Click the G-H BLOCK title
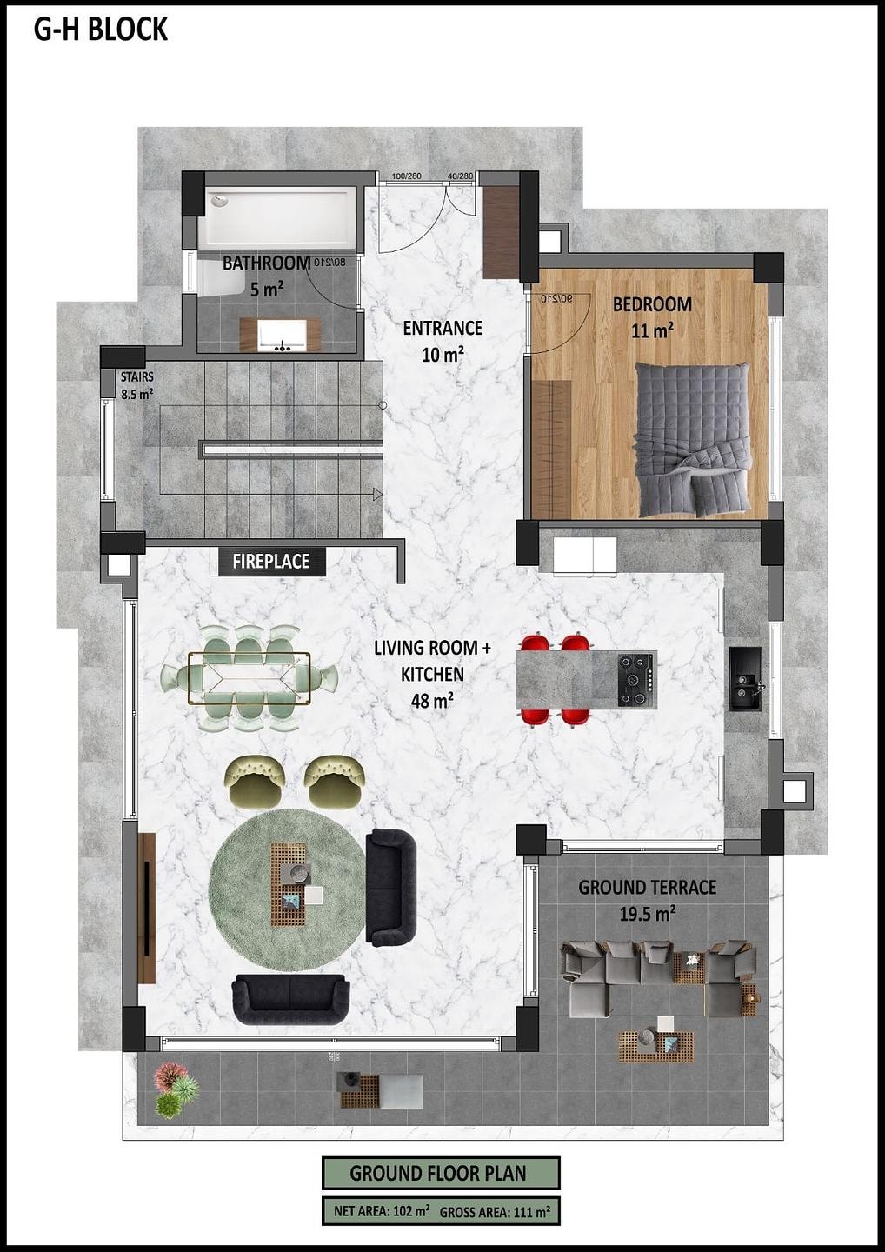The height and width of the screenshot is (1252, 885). pyautogui.click(x=101, y=29)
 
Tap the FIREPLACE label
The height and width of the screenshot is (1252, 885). pyautogui.click(x=271, y=561)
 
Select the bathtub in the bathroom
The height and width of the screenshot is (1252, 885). pyautogui.click(x=276, y=218)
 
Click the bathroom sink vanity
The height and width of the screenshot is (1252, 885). pyautogui.click(x=280, y=334)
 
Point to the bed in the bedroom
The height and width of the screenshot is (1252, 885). pyautogui.click(x=692, y=439)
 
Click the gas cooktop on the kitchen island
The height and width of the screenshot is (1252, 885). pyautogui.click(x=635, y=680)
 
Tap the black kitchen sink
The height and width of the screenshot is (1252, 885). pyautogui.click(x=745, y=678)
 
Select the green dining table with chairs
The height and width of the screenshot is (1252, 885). pyautogui.click(x=250, y=678)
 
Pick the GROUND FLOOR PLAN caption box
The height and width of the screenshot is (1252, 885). pyautogui.click(x=441, y=1173)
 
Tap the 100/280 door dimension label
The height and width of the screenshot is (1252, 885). pyautogui.click(x=406, y=176)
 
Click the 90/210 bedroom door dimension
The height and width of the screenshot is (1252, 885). pyautogui.click(x=556, y=298)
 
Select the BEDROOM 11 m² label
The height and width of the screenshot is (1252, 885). pyautogui.click(x=652, y=317)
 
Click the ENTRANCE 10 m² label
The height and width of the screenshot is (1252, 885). pyautogui.click(x=442, y=341)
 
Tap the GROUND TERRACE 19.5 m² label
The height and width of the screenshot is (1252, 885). pyautogui.click(x=647, y=901)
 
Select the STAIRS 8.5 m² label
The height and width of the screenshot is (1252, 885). pyautogui.click(x=136, y=386)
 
